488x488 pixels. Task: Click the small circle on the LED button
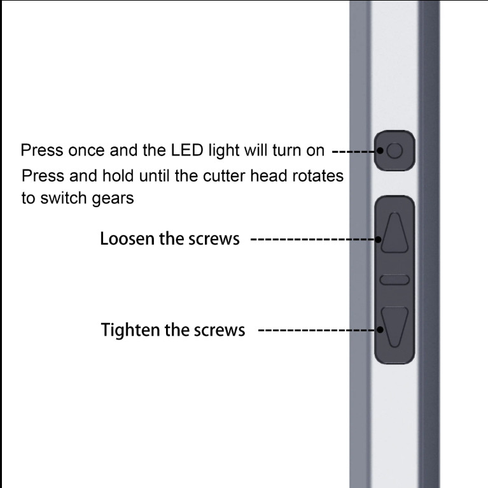[394, 150]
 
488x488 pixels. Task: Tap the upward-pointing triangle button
[394, 233]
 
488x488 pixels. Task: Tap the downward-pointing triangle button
[394, 327]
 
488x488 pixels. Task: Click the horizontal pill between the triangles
[394, 280]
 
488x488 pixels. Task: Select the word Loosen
[127, 239]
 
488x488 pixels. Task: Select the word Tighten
[130, 330]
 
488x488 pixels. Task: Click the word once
[86, 150]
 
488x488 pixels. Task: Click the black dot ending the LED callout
[380, 150]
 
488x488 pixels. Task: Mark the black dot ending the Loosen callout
[378, 240]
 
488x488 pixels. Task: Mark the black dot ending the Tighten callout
[380, 330]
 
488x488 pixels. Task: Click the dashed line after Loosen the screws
[313, 240]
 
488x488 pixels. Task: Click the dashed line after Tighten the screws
[317, 330]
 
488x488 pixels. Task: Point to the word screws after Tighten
[220, 330]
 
